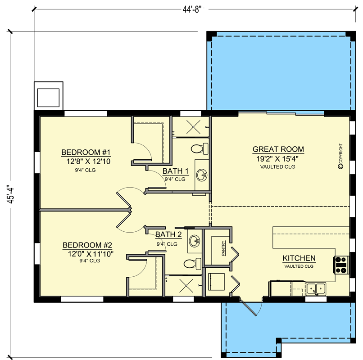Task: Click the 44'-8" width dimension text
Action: tap(191, 9)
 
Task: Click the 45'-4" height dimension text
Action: tap(11, 194)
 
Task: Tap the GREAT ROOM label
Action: tap(278, 149)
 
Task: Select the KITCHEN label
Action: tap(299, 258)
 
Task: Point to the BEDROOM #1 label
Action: tap(86, 152)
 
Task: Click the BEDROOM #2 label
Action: tap(87, 245)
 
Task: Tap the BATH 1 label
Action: tap(176, 171)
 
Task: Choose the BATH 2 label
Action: tap(168, 234)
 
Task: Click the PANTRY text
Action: tap(223, 248)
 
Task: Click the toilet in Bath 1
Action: tap(200, 149)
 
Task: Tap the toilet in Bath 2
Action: tap(192, 264)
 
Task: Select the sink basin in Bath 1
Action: tap(202, 175)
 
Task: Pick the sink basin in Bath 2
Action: tap(195, 241)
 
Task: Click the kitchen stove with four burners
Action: tap(341, 265)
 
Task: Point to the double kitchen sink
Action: tap(316, 289)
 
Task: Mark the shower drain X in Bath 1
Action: tap(193, 127)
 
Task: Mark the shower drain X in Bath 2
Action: tap(186, 286)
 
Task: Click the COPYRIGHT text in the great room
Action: tap(340, 156)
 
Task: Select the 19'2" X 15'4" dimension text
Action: tap(277, 159)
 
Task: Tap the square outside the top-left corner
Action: tap(48, 96)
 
